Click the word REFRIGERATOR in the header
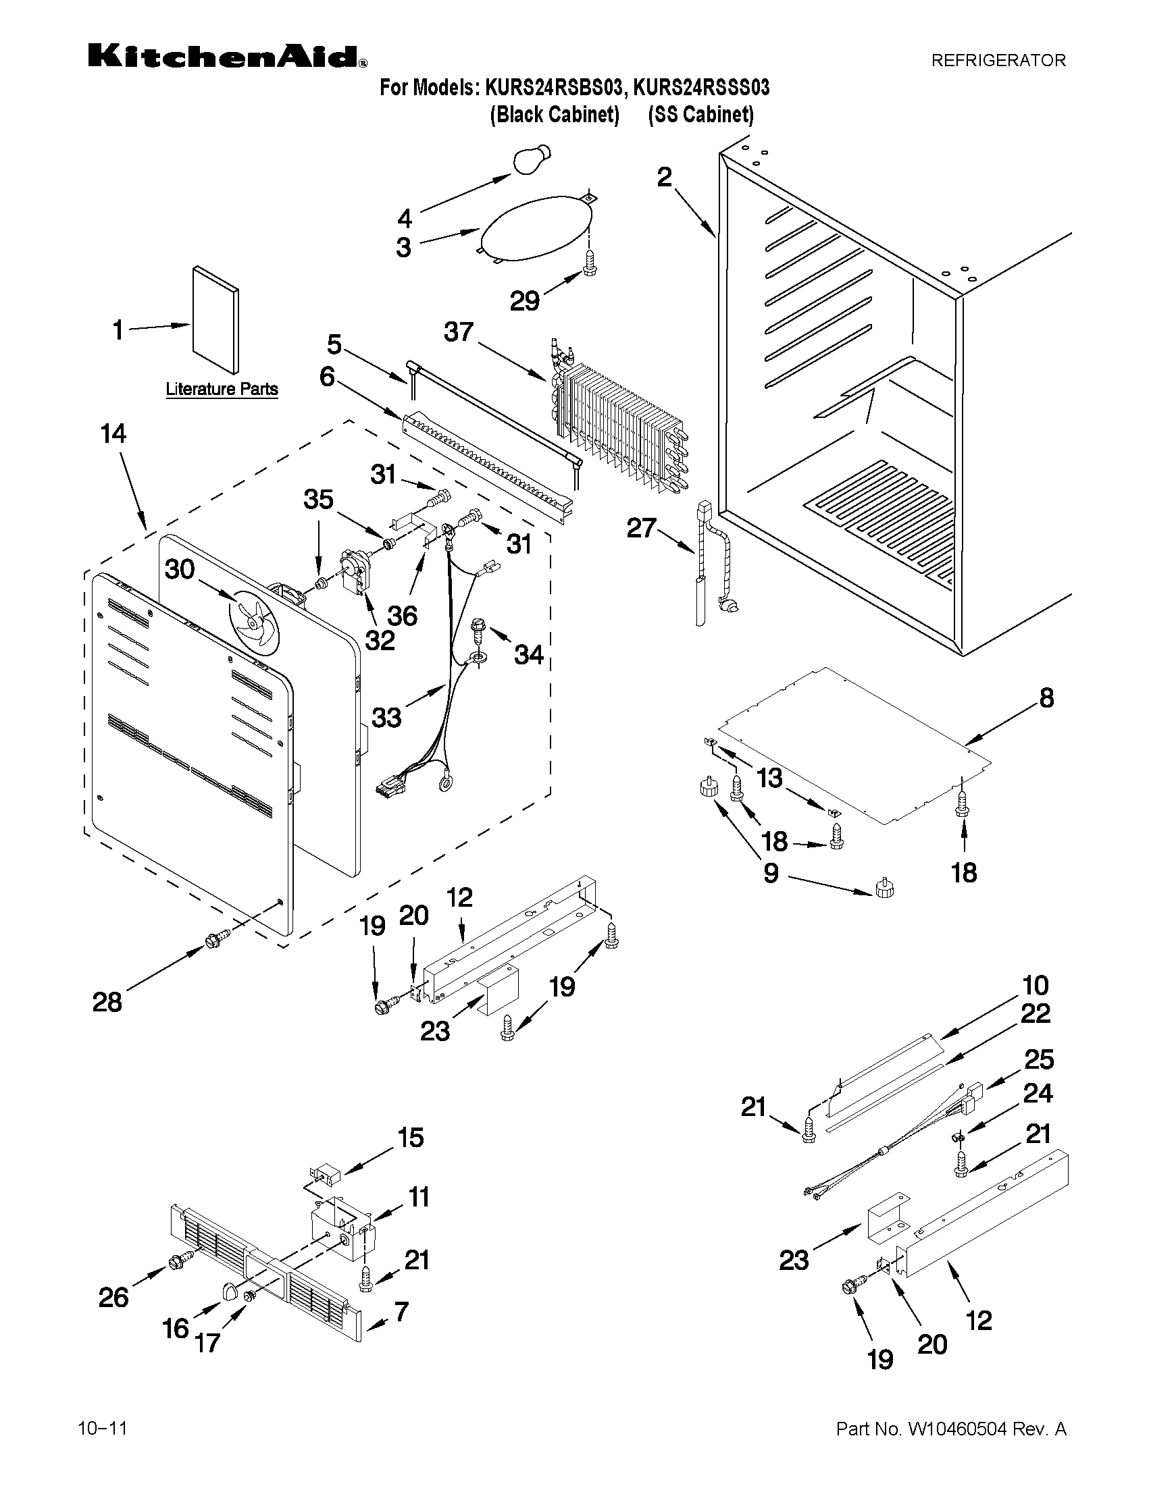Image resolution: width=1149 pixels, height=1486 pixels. tap(998, 61)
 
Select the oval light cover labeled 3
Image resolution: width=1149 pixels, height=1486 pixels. tap(535, 230)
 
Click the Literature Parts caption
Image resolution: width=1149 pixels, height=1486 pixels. tap(222, 389)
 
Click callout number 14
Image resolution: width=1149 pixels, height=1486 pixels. tap(113, 433)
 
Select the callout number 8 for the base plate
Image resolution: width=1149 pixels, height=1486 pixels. tap(1046, 698)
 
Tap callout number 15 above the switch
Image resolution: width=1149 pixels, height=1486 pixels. tap(411, 1137)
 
